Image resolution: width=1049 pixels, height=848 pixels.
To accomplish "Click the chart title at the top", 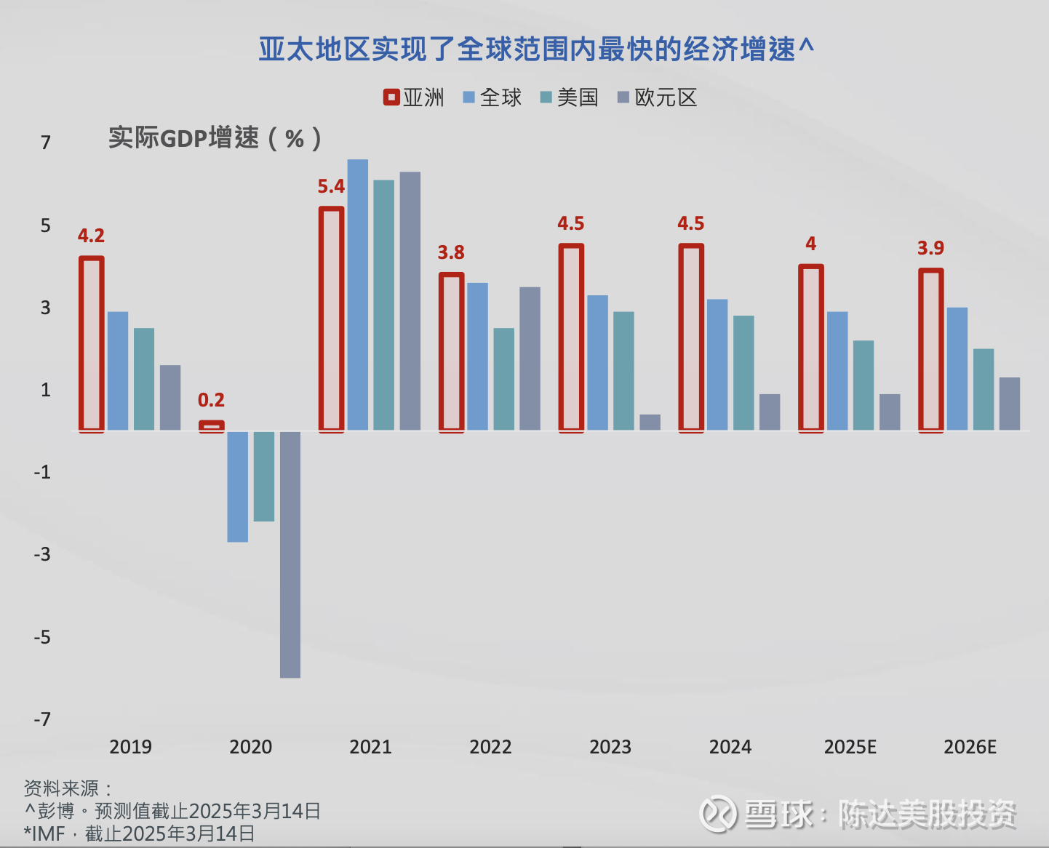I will (536, 49).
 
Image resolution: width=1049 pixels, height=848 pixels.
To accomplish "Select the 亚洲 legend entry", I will (414, 97).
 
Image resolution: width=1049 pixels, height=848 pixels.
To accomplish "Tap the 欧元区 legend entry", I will (657, 97).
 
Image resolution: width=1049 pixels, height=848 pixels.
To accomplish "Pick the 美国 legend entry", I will (569, 97).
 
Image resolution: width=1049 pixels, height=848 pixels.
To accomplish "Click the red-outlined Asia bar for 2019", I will (92, 343).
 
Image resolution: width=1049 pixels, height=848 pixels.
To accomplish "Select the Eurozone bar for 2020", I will (290, 554).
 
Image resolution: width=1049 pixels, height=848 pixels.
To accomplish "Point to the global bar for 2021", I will (358, 295).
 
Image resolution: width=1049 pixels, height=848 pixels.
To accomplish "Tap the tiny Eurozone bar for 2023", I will (650, 423).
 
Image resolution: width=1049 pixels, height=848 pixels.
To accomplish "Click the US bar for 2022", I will (504, 379).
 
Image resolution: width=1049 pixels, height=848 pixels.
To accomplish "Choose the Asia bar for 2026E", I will (931, 350).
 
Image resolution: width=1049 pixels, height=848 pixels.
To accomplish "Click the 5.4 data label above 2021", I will (331, 187).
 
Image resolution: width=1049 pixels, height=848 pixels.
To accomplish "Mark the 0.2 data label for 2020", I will (211, 400).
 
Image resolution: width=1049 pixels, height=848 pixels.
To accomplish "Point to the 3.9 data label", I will (930, 248).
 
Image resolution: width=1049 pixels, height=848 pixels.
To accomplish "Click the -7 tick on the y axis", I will (43, 719).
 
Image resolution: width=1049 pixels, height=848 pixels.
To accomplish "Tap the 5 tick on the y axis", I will (46, 225).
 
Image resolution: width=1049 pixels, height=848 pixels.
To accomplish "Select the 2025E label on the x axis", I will (850, 747).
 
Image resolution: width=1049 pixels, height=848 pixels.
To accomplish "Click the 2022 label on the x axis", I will (490, 747).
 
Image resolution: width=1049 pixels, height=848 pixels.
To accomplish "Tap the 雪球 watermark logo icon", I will (717, 815).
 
